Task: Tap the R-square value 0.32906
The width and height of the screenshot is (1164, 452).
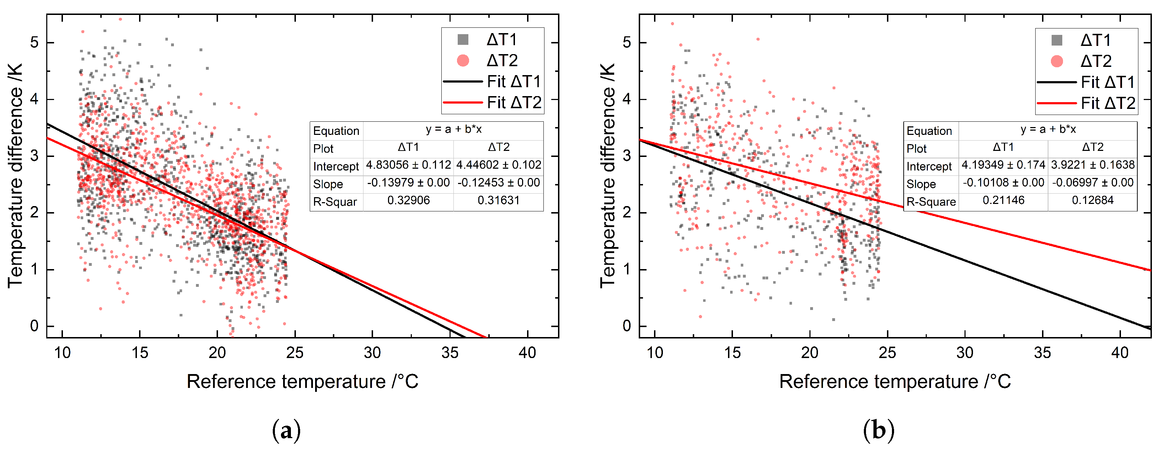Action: click(x=409, y=200)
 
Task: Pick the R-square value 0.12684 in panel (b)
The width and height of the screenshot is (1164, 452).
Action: click(x=1093, y=200)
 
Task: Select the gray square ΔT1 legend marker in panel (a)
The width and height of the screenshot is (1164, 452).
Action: click(x=463, y=40)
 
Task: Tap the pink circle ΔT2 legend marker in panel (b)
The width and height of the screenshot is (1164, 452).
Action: click(x=1057, y=61)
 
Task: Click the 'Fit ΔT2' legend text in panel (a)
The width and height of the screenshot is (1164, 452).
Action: click(x=514, y=103)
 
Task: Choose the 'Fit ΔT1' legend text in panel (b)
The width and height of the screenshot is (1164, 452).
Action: click(x=1108, y=82)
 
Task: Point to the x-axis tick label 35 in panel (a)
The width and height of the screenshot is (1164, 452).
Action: click(x=450, y=353)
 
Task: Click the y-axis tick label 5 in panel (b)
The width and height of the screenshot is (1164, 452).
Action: click(x=627, y=42)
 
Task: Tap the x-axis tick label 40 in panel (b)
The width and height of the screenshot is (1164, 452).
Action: click(x=1120, y=353)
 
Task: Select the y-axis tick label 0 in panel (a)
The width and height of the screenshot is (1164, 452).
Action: click(x=34, y=326)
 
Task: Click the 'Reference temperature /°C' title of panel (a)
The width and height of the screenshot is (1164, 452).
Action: click(x=303, y=382)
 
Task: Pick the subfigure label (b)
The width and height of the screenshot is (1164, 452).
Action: click(x=879, y=431)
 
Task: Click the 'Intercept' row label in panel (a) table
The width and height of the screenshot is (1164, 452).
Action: click(x=336, y=166)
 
